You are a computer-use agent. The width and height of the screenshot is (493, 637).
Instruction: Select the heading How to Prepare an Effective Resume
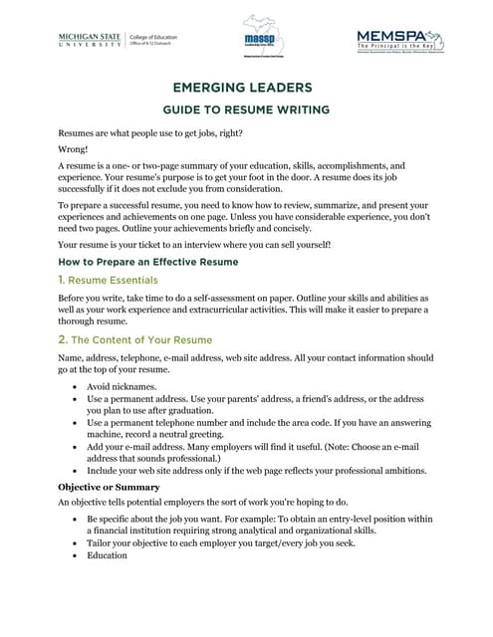147,262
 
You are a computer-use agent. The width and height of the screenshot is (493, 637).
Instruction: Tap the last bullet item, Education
107,555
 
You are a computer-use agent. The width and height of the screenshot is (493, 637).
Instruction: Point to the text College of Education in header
153,37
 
